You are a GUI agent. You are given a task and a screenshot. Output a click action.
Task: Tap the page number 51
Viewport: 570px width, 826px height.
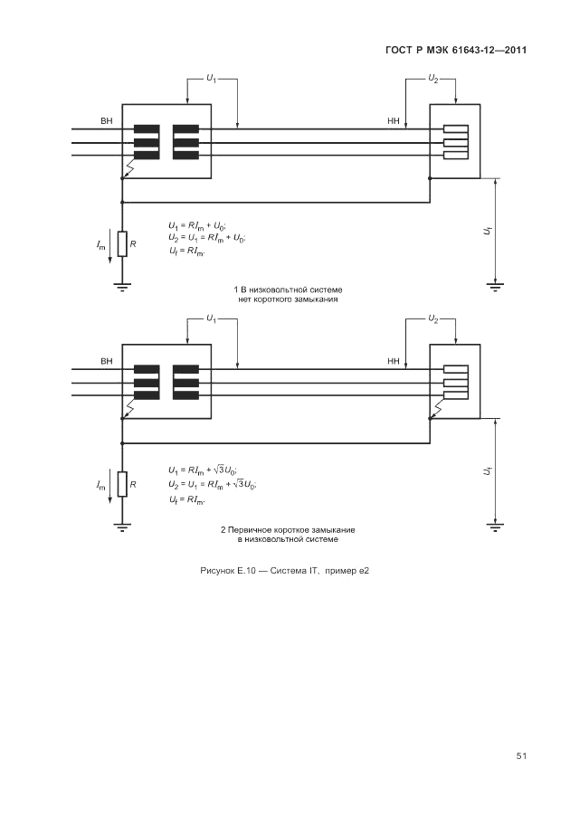[521, 755]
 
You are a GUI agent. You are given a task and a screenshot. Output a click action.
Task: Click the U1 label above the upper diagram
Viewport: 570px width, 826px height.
[211, 80]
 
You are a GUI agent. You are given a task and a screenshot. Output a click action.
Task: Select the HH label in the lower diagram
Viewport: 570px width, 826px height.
[393, 362]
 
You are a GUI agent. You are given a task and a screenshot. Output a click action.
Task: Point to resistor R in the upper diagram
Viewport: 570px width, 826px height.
[122, 244]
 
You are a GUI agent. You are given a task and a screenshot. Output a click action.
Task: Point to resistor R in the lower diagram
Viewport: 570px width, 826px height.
[122, 485]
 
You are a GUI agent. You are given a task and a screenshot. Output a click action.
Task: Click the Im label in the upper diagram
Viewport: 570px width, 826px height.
[100, 245]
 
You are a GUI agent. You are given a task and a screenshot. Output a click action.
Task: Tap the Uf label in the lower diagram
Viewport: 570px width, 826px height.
[487, 471]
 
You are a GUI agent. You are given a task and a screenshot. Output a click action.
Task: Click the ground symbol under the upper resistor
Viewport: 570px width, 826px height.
[122, 287]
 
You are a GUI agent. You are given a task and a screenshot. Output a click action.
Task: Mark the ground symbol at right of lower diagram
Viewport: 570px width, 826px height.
[495, 526]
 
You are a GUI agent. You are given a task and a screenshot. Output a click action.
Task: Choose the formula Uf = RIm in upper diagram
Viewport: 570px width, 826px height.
[187, 251]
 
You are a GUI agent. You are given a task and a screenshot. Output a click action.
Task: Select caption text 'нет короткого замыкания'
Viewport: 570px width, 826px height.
[288, 299]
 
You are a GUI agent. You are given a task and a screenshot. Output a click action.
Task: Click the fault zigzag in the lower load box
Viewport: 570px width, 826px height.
[438, 413]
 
